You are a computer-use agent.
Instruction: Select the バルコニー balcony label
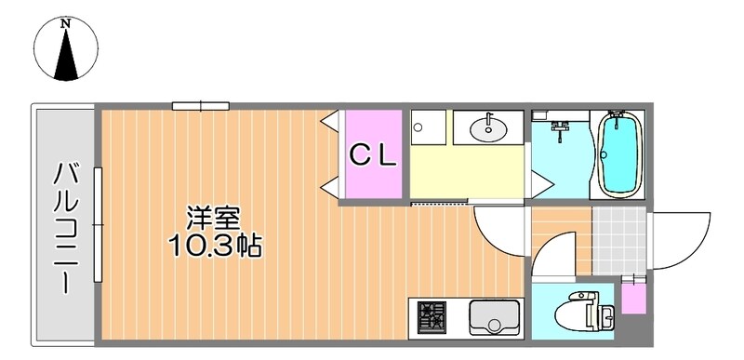click(64, 227)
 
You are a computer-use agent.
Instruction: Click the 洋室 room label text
click(214, 220)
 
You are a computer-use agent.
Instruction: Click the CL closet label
click(373, 154)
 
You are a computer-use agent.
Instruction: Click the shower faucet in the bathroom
click(560, 130)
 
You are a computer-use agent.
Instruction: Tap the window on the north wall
click(200, 105)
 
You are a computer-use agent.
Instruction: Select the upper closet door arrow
click(330, 122)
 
